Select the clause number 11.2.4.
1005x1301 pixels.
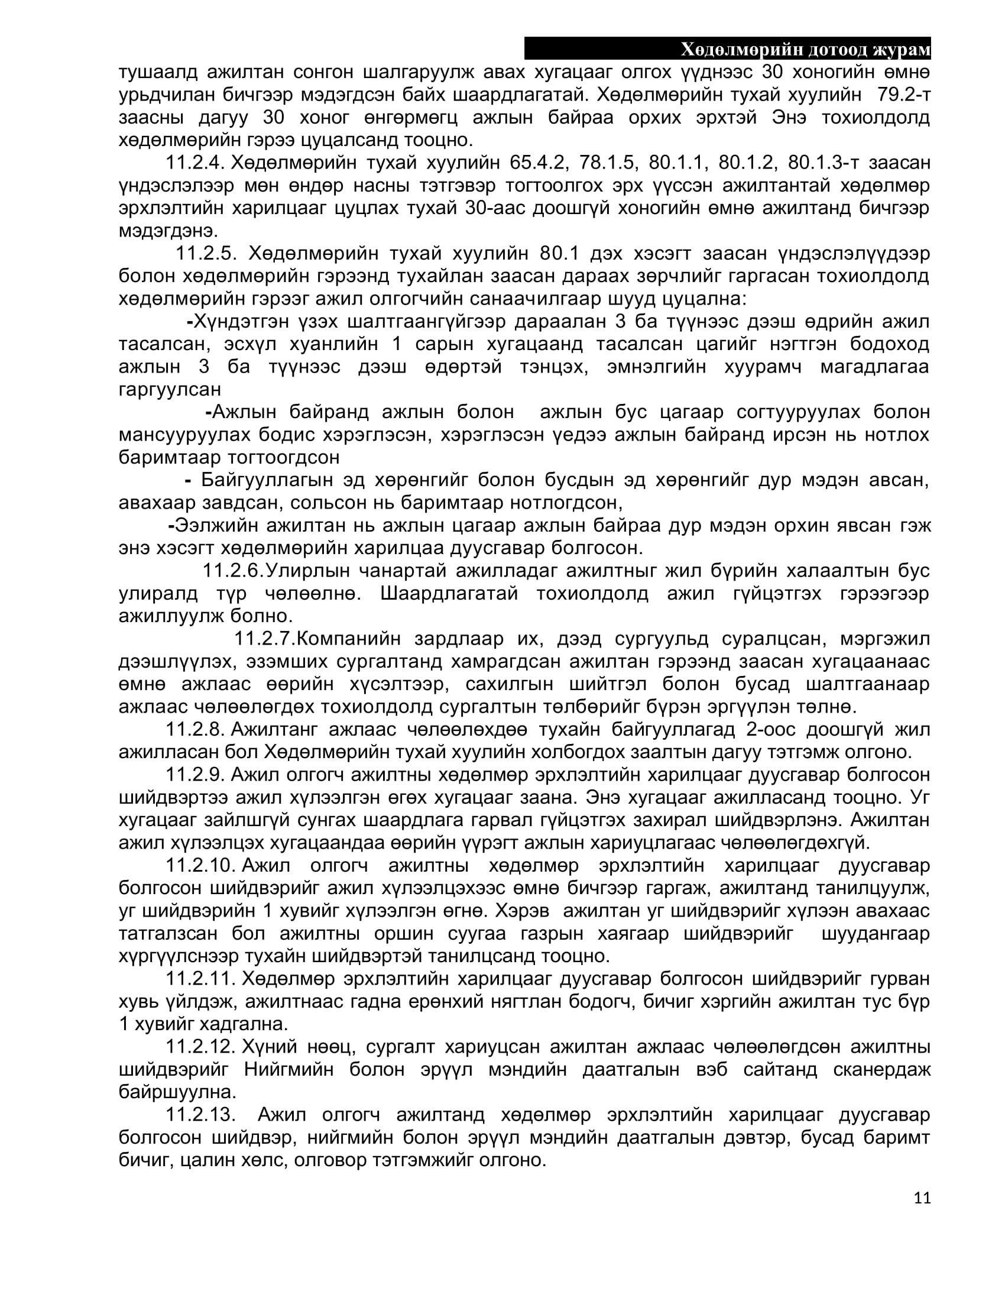pyautogui.click(x=194, y=162)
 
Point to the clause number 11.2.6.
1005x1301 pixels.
pyautogui.click(x=233, y=570)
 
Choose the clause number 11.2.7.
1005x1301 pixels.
pyautogui.click(x=264, y=638)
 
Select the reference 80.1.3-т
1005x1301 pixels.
pyautogui.click(x=821, y=162)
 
